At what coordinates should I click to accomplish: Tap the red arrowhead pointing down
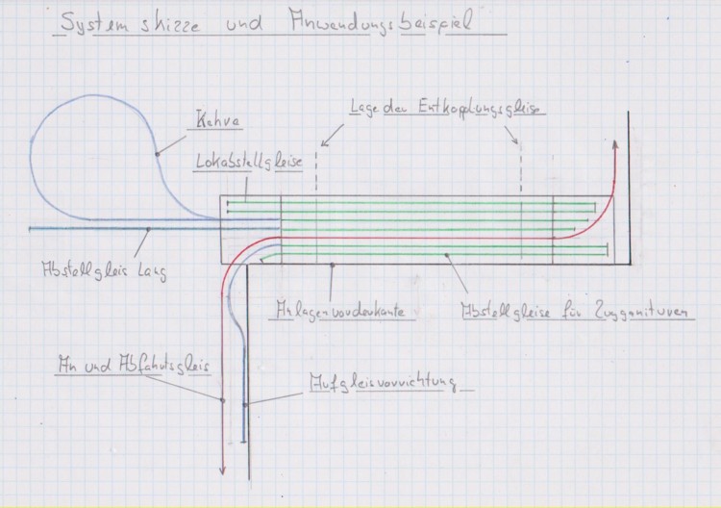(223, 469)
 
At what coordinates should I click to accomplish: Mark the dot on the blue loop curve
(156, 154)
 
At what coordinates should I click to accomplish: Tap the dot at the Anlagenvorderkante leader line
(330, 263)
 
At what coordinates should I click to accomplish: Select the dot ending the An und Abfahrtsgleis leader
(223, 399)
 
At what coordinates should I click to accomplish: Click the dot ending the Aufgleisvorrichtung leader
(246, 404)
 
